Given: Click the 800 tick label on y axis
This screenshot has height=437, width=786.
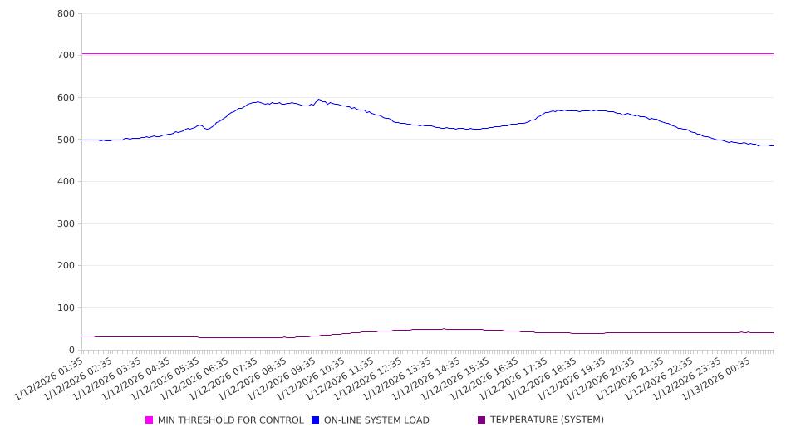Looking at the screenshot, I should (66, 14).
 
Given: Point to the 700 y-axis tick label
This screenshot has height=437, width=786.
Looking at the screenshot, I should (66, 56).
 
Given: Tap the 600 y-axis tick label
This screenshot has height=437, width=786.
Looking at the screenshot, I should (66, 98).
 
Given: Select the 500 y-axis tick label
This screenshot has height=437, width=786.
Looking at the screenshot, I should (66, 140).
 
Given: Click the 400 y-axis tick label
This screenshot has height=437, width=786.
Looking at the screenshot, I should (66, 182).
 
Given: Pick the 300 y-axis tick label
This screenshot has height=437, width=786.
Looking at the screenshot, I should (66, 224).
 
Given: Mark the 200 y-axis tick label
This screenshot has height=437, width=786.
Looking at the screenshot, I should (66, 266).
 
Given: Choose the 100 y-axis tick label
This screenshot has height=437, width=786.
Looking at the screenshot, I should (66, 308).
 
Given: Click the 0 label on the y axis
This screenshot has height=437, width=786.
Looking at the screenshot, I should (72, 351).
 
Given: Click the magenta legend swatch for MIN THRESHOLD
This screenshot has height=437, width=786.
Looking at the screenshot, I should (150, 420).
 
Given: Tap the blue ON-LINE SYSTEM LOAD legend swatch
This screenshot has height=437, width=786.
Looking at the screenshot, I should (316, 420).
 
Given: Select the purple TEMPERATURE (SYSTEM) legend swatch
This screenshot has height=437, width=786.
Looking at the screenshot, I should (481, 420).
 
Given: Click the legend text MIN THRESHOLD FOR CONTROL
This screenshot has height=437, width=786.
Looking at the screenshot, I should (230, 420).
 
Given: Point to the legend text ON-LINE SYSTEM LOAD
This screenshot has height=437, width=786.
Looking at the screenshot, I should (376, 420).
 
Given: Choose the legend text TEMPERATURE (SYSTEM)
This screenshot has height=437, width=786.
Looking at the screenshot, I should (547, 420).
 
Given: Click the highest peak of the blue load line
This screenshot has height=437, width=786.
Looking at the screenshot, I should (319, 100).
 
